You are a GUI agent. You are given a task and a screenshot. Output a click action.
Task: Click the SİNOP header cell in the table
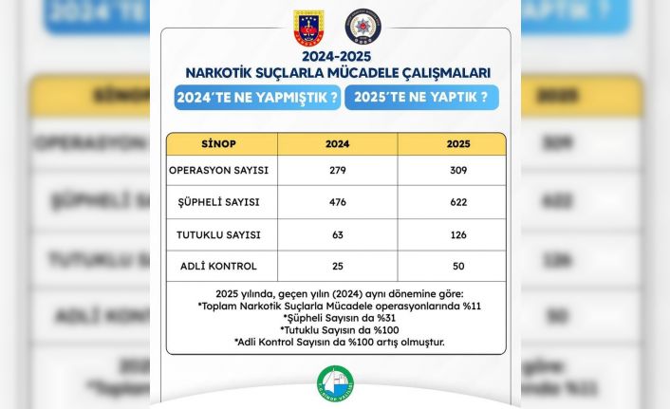[x=221, y=144]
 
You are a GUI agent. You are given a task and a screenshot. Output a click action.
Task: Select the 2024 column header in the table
[x=337, y=144]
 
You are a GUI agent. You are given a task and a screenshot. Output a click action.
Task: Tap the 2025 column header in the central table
[x=451, y=144]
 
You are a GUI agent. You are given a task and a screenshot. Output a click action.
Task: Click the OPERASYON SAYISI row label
[x=219, y=171]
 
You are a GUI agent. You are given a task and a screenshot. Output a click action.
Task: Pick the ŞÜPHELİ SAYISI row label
[x=219, y=203]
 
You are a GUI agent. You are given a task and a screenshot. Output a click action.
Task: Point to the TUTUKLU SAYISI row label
[x=219, y=234]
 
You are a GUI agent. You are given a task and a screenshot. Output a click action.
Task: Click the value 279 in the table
[x=337, y=171]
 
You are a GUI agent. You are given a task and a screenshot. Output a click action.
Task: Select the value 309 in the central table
[x=451, y=171]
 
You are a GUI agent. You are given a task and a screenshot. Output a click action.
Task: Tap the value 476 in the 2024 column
[x=337, y=203]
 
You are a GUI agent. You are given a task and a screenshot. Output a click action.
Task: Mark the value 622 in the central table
[x=451, y=203]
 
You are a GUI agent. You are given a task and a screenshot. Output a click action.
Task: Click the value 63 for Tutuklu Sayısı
[x=337, y=234]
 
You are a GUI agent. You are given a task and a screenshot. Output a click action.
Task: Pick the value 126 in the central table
[x=451, y=234]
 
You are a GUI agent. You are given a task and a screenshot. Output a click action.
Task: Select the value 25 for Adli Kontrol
[x=337, y=266]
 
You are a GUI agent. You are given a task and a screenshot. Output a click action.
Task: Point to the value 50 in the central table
[x=451, y=266]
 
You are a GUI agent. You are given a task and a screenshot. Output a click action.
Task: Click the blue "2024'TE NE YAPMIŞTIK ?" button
[x=256, y=99]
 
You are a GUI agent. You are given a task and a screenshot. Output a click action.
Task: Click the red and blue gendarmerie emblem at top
[x=309, y=28]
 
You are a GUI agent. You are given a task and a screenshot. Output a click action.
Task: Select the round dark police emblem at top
[x=362, y=28]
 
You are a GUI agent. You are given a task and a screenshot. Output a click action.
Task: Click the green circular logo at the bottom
[x=336, y=385]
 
